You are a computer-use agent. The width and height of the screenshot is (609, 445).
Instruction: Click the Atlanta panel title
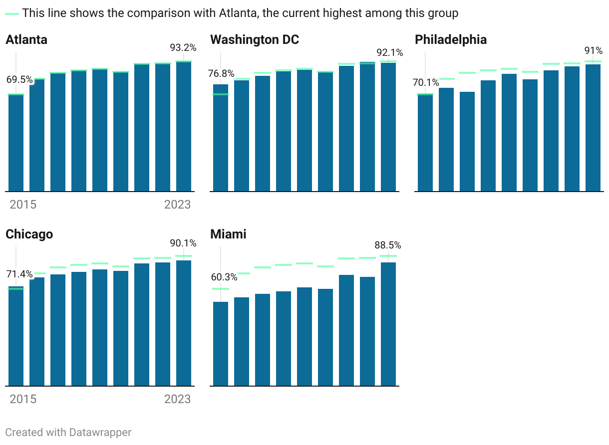[26, 40]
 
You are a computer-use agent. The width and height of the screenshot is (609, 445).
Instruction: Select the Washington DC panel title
[255, 40]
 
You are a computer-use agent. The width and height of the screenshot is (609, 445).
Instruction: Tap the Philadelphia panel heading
[451, 40]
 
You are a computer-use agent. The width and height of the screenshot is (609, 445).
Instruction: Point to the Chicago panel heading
[29, 234]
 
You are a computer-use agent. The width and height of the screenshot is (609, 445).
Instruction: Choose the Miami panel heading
[228, 234]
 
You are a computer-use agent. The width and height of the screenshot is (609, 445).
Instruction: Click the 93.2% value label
[183, 48]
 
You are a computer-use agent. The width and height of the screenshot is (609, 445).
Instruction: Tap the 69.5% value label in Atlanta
[19, 80]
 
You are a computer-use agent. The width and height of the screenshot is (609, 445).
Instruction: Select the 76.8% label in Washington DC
[221, 74]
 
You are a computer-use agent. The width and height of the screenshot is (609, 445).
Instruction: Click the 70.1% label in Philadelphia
[426, 83]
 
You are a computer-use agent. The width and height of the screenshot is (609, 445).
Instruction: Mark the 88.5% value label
[388, 245]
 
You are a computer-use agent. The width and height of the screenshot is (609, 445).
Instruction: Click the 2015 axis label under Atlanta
[23, 205]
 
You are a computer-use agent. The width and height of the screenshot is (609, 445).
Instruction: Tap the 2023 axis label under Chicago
[177, 399]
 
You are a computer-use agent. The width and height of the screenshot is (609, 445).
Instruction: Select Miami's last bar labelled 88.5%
[388, 324]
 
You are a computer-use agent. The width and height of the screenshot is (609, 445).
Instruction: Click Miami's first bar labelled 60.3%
[221, 344]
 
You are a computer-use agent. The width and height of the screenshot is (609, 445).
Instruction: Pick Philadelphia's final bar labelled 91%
[593, 128]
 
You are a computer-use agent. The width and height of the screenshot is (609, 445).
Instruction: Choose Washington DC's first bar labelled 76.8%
[221, 138]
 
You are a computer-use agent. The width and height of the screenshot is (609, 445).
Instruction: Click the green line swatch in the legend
[12, 13]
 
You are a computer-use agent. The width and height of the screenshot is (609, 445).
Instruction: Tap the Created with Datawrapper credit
[68, 432]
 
